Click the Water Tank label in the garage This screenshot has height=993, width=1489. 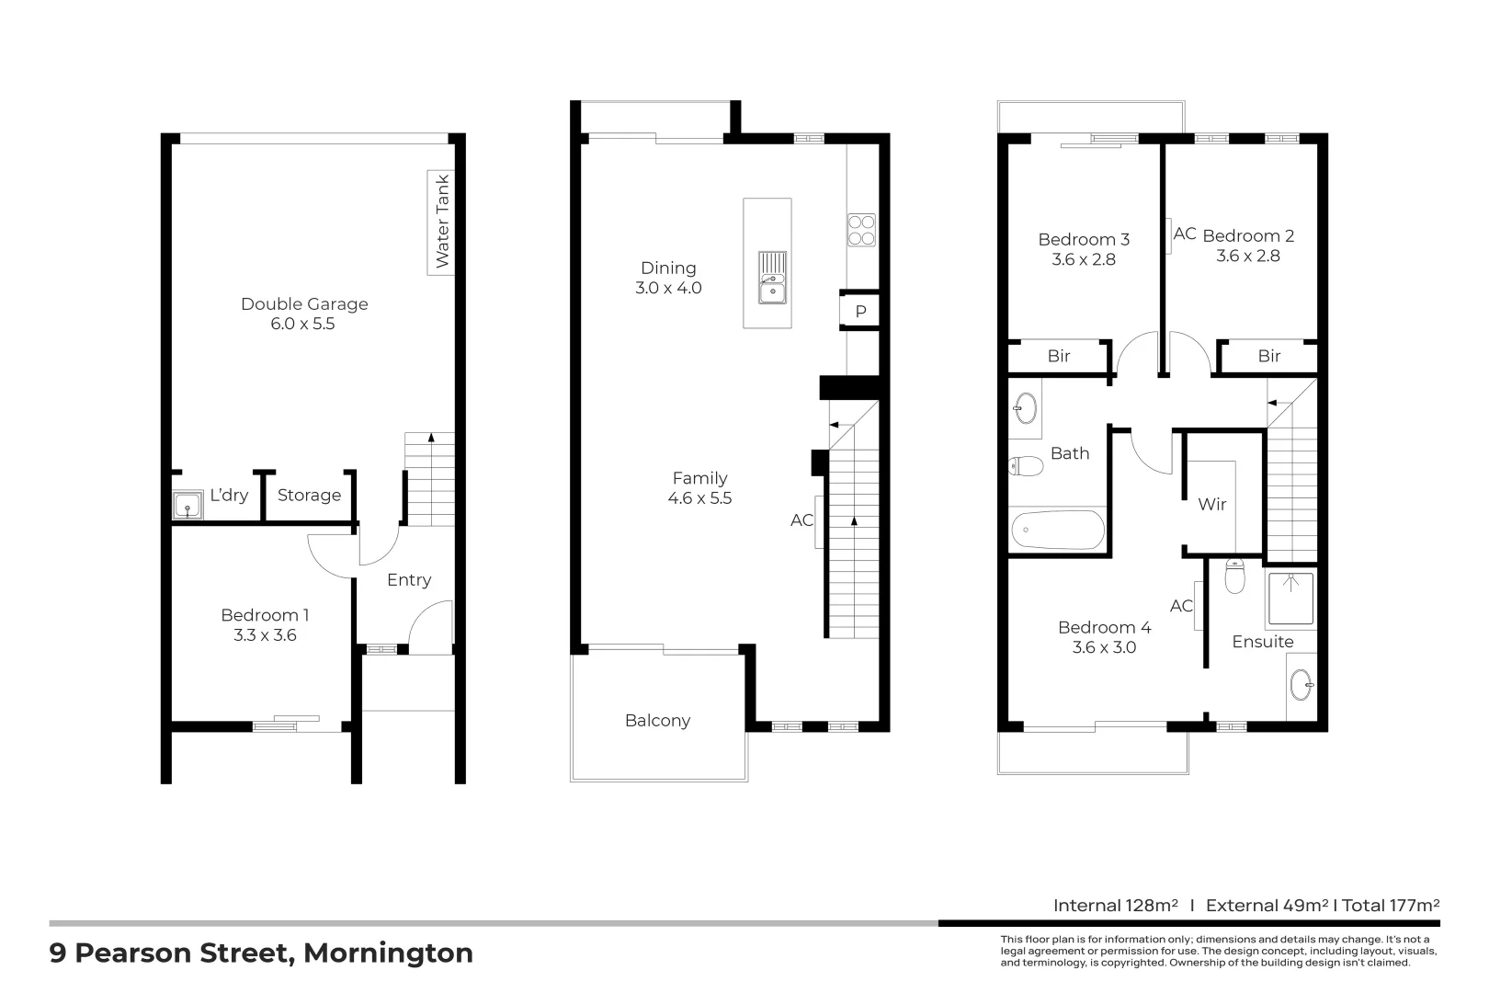click(442, 222)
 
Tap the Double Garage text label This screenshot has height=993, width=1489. click(304, 303)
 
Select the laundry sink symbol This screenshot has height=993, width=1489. click(188, 506)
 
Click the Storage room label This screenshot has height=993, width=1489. click(309, 496)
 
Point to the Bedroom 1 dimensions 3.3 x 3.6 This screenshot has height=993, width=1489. click(265, 635)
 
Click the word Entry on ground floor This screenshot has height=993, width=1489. click(409, 580)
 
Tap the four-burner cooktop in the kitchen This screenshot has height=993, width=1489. click(861, 230)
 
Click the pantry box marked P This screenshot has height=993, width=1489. click(860, 312)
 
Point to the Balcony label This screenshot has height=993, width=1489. click(657, 721)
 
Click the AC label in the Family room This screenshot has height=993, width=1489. click(801, 520)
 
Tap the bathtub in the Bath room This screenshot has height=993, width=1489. click(1057, 531)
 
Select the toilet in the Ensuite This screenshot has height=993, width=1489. click(1235, 576)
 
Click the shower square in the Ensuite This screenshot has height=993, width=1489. click(1291, 599)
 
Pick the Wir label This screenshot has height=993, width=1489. click(1212, 504)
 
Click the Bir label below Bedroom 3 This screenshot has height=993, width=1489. click(1059, 356)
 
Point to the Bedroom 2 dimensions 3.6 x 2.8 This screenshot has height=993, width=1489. click(1248, 257)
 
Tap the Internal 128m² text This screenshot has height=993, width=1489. click(1115, 906)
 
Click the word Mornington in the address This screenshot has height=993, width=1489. click(388, 953)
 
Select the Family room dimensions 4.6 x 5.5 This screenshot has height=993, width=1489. click(699, 498)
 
